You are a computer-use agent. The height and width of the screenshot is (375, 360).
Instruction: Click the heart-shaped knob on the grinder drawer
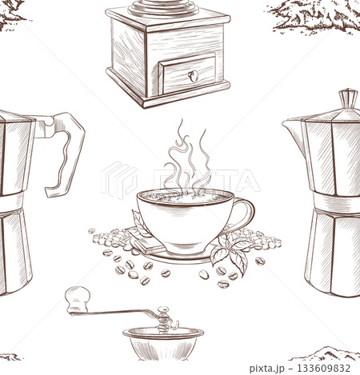click(x=192, y=76)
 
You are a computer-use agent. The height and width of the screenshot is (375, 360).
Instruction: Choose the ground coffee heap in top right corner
click(x=316, y=14)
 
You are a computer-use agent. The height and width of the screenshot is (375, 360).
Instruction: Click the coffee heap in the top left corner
click(x=11, y=11)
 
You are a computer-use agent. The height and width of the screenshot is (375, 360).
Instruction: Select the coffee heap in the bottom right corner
click(x=326, y=353)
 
